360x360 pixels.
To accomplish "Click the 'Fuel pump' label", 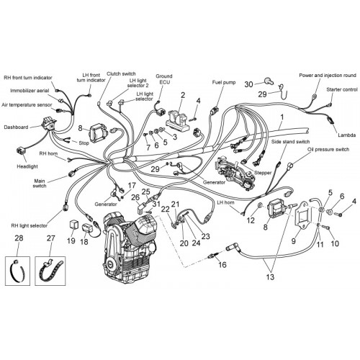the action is click(x=224, y=82).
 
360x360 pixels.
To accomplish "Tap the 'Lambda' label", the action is click(x=346, y=135).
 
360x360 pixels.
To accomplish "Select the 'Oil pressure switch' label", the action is click(x=328, y=150).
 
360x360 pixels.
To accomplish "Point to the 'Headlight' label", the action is click(x=27, y=166).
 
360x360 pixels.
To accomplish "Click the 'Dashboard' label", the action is click(x=16, y=127).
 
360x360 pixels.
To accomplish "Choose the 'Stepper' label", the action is click(x=263, y=173).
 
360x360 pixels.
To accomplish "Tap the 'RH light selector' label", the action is click(x=30, y=225).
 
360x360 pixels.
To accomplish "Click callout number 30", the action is click(x=249, y=84).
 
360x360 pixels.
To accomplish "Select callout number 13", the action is click(x=270, y=277).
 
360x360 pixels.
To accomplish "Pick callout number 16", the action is click(x=222, y=264).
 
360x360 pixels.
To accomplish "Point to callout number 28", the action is click(x=19, y=238).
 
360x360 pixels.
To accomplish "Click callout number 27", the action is click(x=50, y=238).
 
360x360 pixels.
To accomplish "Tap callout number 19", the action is click(x=71, y=240).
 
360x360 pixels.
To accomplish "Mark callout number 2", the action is click(x=183, y=95).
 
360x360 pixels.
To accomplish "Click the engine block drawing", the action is click(x=130, y=248).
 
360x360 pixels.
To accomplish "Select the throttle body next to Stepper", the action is click(x=235, y=174).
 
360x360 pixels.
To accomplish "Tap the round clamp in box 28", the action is click(x=17, y=271).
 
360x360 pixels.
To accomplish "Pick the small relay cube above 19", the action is click(x=73, y=224).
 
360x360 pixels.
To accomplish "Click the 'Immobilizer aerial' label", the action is click(x=30, y=91).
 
